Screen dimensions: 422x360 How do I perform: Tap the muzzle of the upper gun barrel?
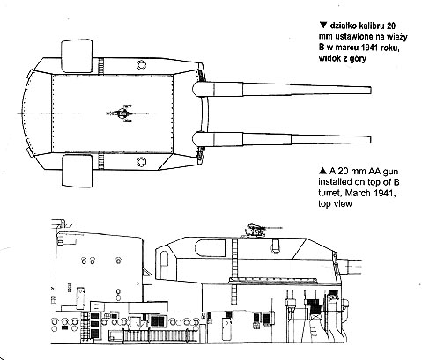click(370, 90)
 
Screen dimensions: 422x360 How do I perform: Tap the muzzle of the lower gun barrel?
click(370, 139)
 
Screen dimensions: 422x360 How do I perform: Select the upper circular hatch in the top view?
click(141, 65)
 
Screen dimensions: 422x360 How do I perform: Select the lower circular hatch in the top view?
click(141, 162)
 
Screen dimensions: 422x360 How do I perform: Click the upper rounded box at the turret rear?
click(77, 56)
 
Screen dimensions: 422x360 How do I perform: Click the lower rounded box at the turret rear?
click(78, 171)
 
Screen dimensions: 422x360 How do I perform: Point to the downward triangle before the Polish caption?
click(323, 26)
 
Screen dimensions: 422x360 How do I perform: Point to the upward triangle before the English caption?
click(322, 171)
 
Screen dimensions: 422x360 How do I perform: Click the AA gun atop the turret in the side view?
click(257, 230)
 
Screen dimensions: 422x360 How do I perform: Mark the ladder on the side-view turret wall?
click(234, 272)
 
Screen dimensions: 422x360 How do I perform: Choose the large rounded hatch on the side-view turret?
click(211, 247)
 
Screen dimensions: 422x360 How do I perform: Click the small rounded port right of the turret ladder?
click(276, 246)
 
